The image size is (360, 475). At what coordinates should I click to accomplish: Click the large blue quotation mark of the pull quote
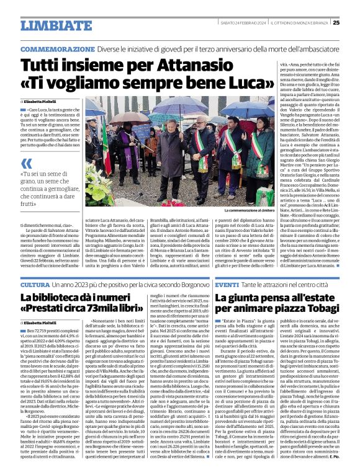[26, 164]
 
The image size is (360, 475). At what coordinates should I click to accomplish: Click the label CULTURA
[35, 284]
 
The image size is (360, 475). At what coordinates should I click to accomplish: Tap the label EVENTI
[228, 284]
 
